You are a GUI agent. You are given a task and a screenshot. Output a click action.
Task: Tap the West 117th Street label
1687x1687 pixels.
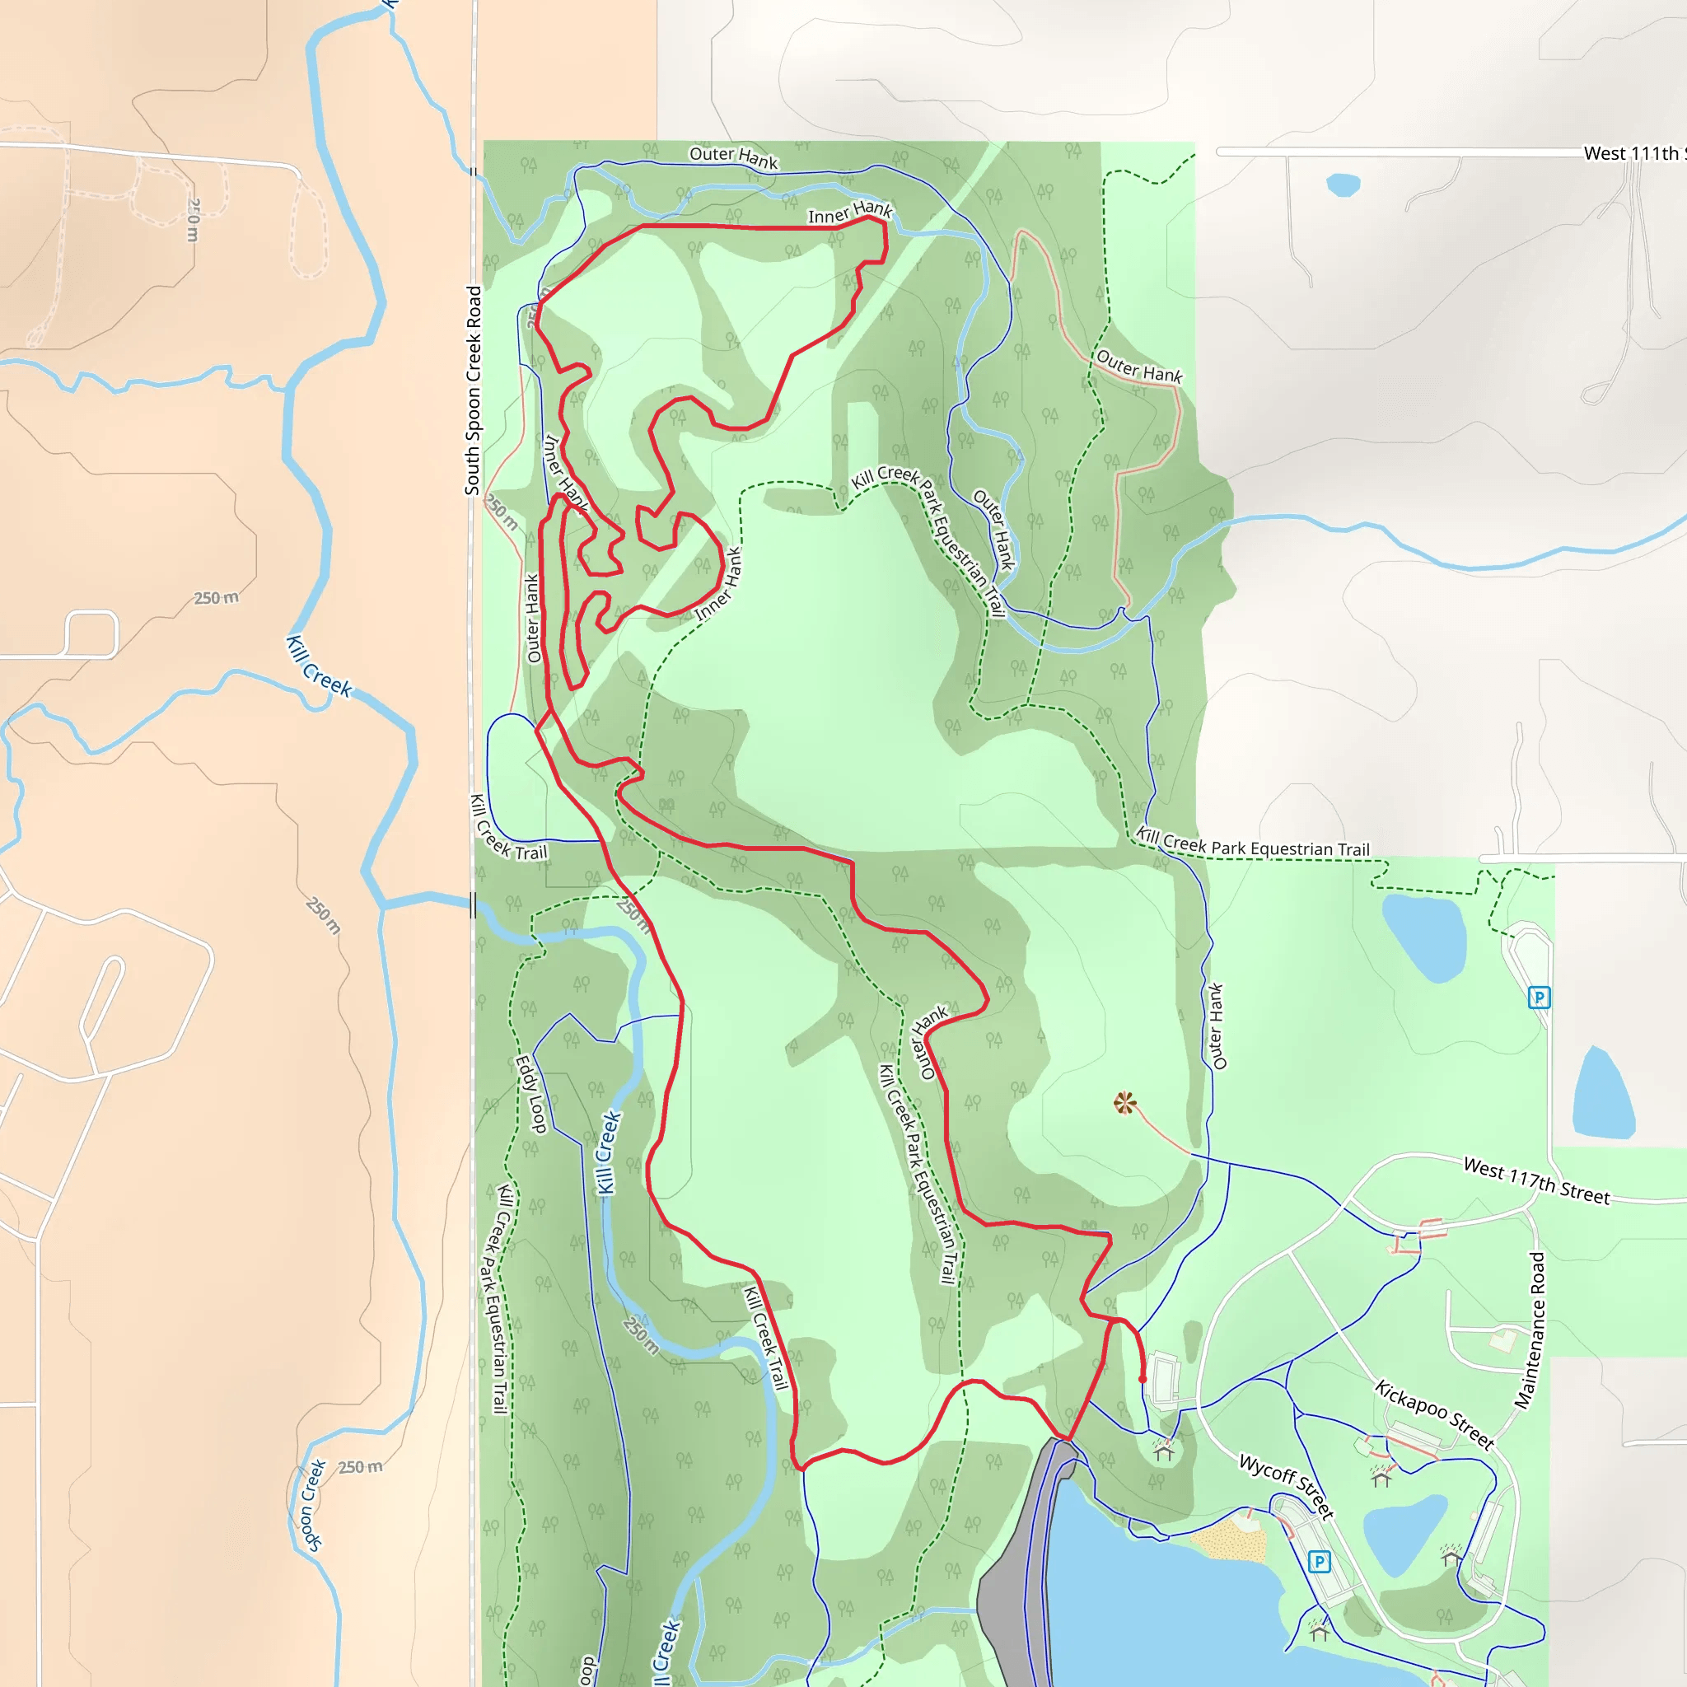pos(1536,1182)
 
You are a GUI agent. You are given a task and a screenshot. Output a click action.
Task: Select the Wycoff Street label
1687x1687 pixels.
pos(1286,1485)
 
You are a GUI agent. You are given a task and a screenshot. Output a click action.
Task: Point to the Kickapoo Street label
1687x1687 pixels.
pos(1434,1413)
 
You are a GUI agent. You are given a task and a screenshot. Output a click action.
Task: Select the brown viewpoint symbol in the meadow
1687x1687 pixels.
pos(1125,1103)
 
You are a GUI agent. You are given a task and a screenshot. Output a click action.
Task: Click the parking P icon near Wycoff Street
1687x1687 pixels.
pos(1320,1561)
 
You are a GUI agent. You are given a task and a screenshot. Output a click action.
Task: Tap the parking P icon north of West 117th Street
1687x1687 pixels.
pos(1540,998)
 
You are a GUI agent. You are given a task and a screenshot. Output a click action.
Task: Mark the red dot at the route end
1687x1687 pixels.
pos(1143,1380)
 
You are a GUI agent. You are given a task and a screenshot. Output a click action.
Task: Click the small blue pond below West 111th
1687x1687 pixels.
pos(1342,185)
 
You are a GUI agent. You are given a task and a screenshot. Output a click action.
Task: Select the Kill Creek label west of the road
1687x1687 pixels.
pos(320,667)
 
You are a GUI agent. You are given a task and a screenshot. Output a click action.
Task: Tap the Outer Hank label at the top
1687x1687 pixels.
pos(733,157)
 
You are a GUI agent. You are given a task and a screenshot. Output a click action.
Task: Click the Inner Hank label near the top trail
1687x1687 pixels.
pos(849,213)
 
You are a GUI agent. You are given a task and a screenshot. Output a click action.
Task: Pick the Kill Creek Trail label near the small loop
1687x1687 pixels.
pos(508,828)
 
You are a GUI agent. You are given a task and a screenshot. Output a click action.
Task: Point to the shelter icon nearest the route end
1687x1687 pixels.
pos(1163,1451)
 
